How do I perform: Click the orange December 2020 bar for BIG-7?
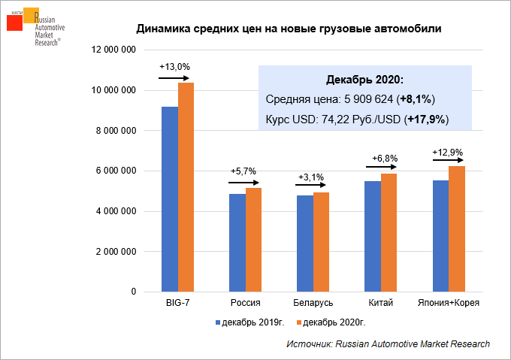(x=186, y=187)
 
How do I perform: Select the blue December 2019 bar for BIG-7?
(x=170, y=199)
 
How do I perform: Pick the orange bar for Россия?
(x=253, y=240)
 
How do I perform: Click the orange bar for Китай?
(x=389, y=233)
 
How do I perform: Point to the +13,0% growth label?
(x=174, y=67)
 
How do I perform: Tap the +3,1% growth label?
(x=311, y=177)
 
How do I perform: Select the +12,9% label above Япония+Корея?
(x=446, y=152)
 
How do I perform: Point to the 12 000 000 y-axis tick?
(x=113, y=50)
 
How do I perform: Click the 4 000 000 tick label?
(x=116, y=211)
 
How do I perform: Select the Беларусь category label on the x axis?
(x=313, y=302)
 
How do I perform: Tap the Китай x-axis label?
(x=380, y=302)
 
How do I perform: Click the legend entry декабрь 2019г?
(x=250, y=322)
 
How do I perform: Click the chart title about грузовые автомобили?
(x=289, y=29)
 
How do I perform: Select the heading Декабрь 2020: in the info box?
(x=364, y=80)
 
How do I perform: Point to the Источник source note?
(x=388, y=343)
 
